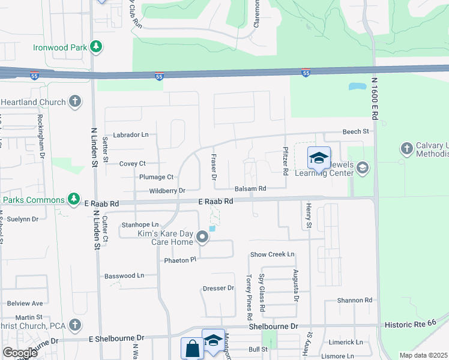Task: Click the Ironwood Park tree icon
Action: [x=95, y=47]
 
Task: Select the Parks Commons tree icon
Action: [x=73, y=199]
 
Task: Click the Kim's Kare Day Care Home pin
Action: [x=203, y=238]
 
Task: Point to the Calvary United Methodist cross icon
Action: [x=406, y=148]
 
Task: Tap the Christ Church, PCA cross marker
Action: [x=75, y=325]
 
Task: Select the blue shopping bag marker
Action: [x=192, y=349]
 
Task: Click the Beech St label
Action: [x=355, y=131]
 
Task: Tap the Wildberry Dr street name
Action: [x=167, y=191]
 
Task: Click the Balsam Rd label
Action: [x=250, y=188]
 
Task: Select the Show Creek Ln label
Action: [x=273, y=254]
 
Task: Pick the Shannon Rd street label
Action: [x=355, y=300]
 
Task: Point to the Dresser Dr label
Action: [x=218, y=288]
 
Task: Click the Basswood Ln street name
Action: [x=124, y=276]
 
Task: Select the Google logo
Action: [x=20, y=352]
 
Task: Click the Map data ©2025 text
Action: [x=423, y=355]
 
